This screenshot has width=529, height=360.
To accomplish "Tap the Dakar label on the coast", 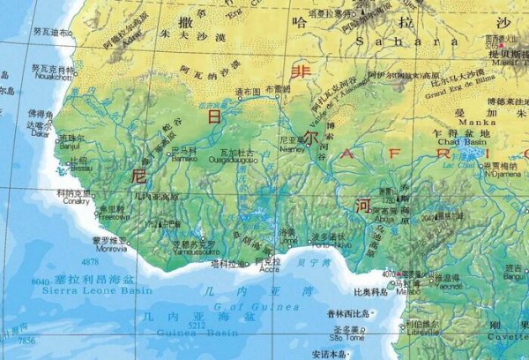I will [37, 135].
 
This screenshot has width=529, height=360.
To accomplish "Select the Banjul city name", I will [69, 146].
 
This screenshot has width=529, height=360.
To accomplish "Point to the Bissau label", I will [78, 168].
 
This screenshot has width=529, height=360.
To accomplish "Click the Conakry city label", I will [73, 200].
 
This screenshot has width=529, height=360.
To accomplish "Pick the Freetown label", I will [113, 216].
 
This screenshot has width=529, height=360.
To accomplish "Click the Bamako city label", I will [183, 159].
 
